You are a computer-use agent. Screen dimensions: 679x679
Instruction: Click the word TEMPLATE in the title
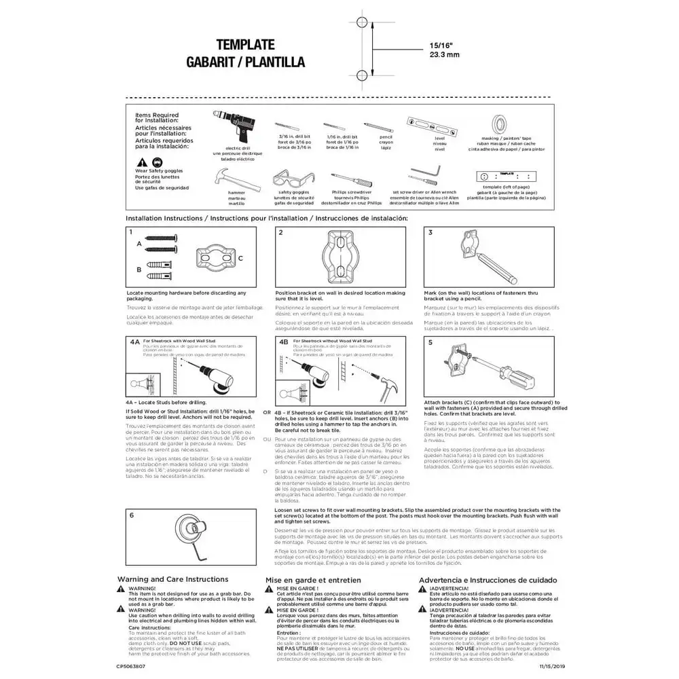[x=245, y=45]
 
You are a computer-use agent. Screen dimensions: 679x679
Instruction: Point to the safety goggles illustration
[x=294, y=179]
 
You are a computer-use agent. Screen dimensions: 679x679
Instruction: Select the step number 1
[x=131, y=232]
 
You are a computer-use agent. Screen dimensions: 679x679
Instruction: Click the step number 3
[x=430, y=232]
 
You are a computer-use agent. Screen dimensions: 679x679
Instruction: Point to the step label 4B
[x=284, y=343]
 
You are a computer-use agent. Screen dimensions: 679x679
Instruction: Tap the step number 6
[x=132, y=515]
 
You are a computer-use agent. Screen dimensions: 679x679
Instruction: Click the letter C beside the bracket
[x=240, y=259]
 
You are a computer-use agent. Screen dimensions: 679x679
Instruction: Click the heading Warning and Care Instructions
[x=172, y=579]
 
